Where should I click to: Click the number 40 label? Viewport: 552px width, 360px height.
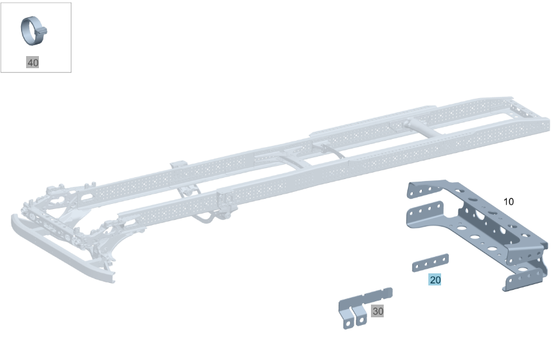[33, 62]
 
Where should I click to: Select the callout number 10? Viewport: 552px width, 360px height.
[509, 201]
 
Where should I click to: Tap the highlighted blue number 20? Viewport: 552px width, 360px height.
[435, 280]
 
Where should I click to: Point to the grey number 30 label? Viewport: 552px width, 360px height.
[377, 311]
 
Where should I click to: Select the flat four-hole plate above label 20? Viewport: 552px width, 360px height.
[430, 263]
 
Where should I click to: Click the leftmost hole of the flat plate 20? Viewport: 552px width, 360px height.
[418, 267]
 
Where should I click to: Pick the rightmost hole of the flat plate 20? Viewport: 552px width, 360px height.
[443, 259]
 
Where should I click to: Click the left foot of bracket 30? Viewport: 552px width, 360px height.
[348, 321]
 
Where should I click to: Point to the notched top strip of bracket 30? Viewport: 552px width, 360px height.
[366, 298]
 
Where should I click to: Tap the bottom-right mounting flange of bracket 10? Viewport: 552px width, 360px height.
[523, 280]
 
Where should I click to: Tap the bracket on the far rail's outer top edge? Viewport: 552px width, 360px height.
[179, 165]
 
